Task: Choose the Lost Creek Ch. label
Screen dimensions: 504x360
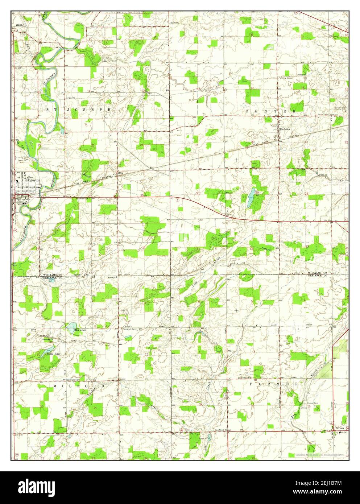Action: (x=221, y=430)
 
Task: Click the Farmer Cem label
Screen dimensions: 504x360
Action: (x=313, y=403)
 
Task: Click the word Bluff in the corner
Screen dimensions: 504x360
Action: (x=20, y=25)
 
